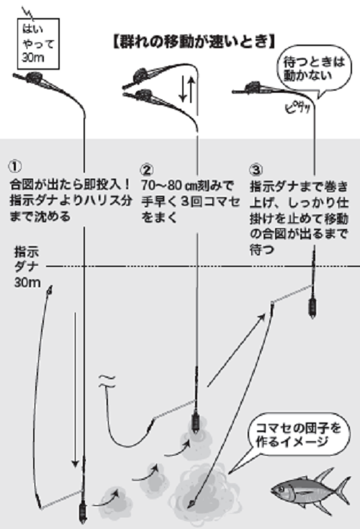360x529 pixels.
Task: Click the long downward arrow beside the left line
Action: click(x=75, y=389)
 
